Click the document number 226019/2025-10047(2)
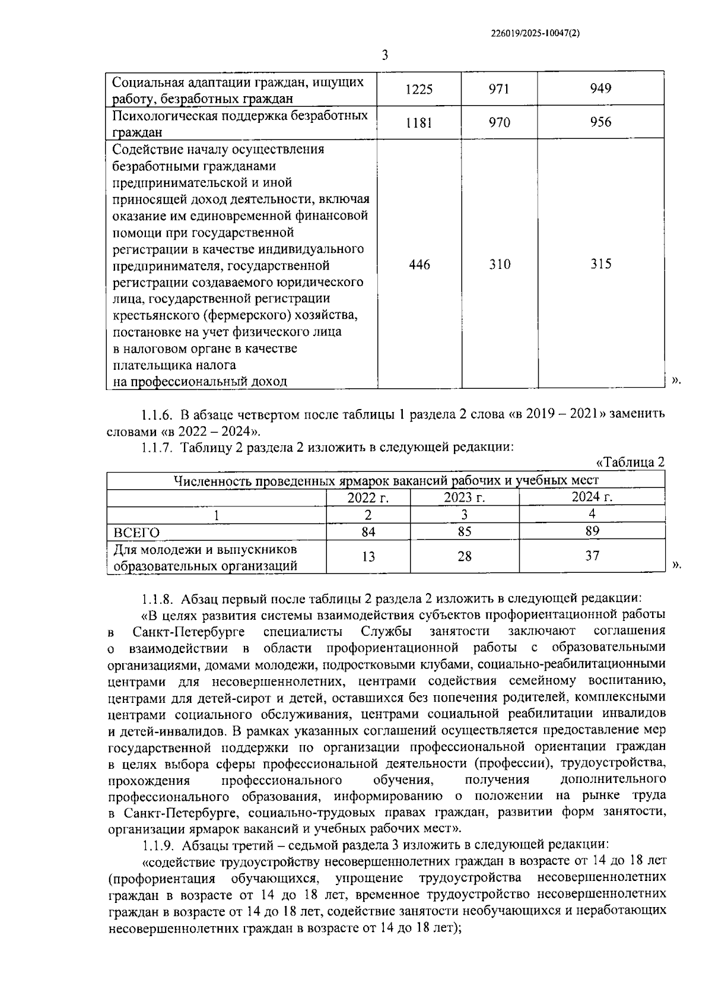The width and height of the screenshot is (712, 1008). pos(535,34)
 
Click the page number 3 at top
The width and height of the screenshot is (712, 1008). pos(385,56)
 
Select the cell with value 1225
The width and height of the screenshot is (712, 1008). pos(419,90)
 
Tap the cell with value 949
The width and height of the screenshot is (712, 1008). pos(600,89)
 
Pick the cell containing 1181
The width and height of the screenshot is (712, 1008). pos(419,123)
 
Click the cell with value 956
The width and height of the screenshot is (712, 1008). pos(600,122)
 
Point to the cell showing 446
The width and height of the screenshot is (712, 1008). pos(419,264)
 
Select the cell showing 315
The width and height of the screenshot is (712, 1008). pos(600,264)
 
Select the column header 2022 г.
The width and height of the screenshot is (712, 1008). pos(368,497)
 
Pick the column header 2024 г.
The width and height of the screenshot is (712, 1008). pos(592,497)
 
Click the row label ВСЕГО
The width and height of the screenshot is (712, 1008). pos(136,532)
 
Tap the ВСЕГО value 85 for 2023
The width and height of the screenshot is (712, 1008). pos(464,532)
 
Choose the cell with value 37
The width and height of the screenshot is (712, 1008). pos(592,556)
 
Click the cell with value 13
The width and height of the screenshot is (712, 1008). pos(368,556)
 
